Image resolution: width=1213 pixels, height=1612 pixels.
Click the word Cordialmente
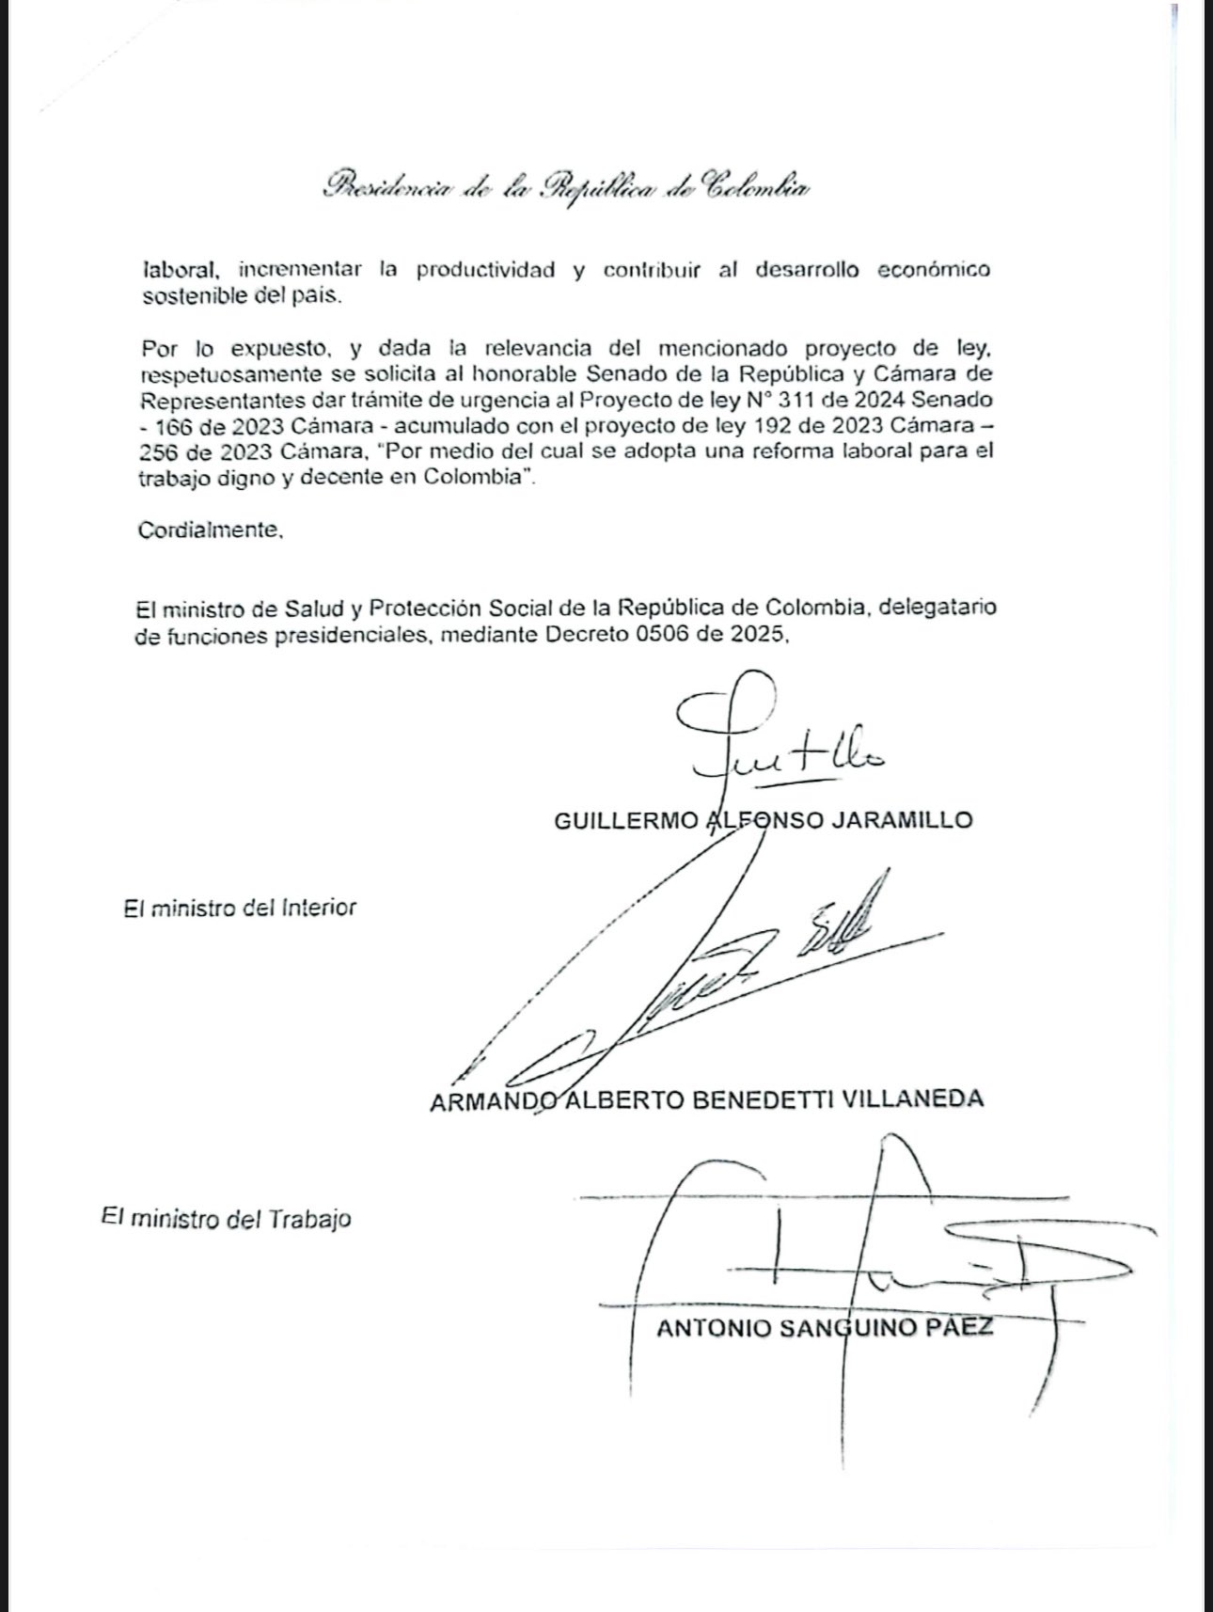click(210, 529)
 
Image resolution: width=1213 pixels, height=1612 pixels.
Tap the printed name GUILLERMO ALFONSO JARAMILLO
click(763, 820)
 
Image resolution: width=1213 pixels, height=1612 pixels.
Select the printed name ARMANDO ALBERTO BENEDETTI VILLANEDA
click(706, 1099)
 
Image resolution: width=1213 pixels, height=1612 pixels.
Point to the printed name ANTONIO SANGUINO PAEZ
click(825, 1329)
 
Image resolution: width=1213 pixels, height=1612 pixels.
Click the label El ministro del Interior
click(240, 909)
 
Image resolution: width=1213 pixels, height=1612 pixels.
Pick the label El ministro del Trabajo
click(226, 1219)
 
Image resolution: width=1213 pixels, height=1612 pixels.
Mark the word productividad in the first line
click(486, 270)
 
